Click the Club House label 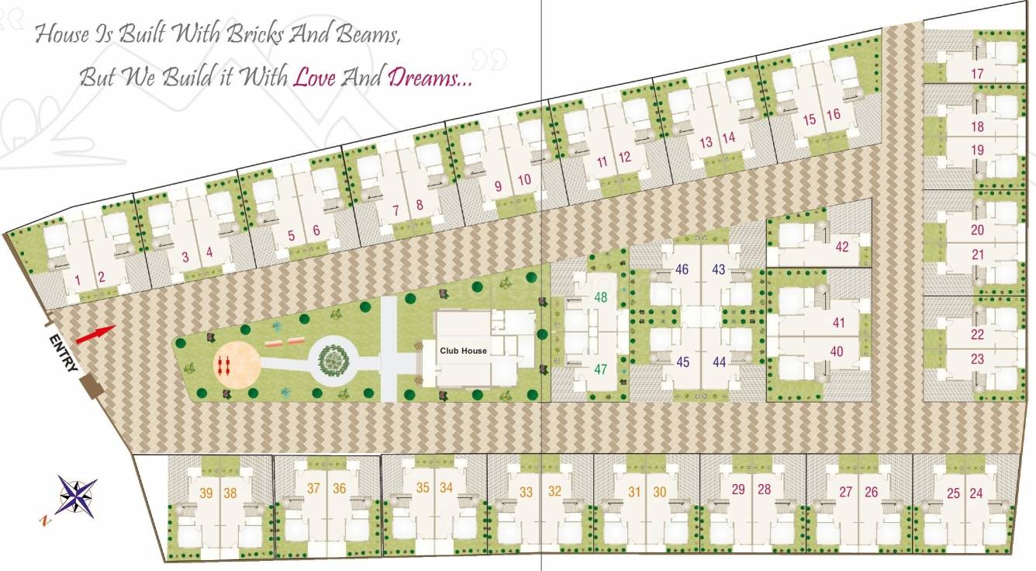[x=463, y=351]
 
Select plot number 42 [x=842, y=247]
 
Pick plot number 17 [x=977, y=74]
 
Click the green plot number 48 [x=601, y=297]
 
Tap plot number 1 [x=78, y=279]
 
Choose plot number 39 [x=206, y=492]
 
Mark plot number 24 [x=976, y=493]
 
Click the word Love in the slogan [x=314, y=78]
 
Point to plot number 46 [x=682, y=270]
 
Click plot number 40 [x=837, y=351]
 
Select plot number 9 [x=499, y=186]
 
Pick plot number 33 [x=527, y=492]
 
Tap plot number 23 [x=977, y=359]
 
